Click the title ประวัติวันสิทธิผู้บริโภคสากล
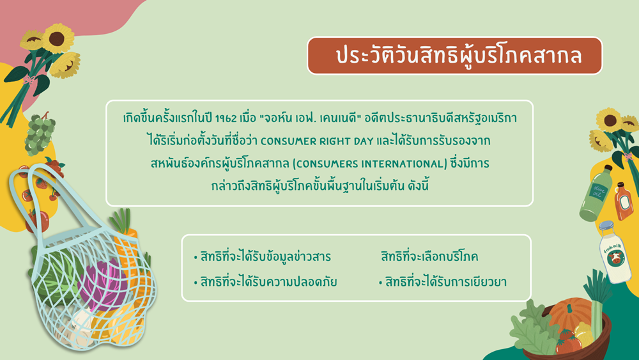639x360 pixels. click(x=458, y=56)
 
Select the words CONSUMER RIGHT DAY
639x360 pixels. click(x=317, y=141)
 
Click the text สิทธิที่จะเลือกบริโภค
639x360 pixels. click(x=429, y=256)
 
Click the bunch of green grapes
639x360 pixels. click(x=40, y=134)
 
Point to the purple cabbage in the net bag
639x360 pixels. click(x=104, y=284)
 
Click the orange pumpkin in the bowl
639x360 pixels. click(x=570, y=313)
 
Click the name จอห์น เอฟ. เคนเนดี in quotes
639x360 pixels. click(x=311, y=119)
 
